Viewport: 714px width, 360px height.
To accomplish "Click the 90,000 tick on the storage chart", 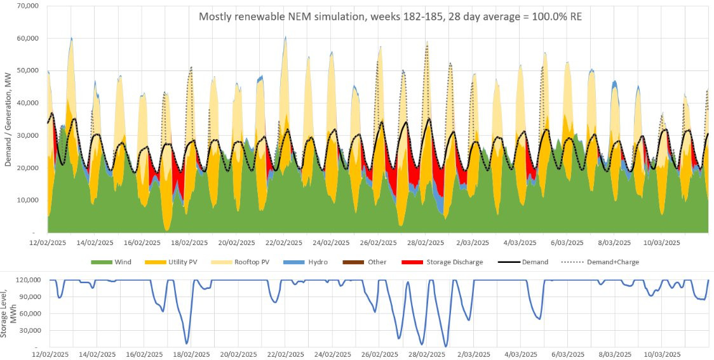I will click(29, 297).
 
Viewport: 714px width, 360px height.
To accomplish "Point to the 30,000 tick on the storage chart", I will click(29, 331).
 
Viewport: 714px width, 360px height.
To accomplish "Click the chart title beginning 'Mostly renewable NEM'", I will click(390, 17).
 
